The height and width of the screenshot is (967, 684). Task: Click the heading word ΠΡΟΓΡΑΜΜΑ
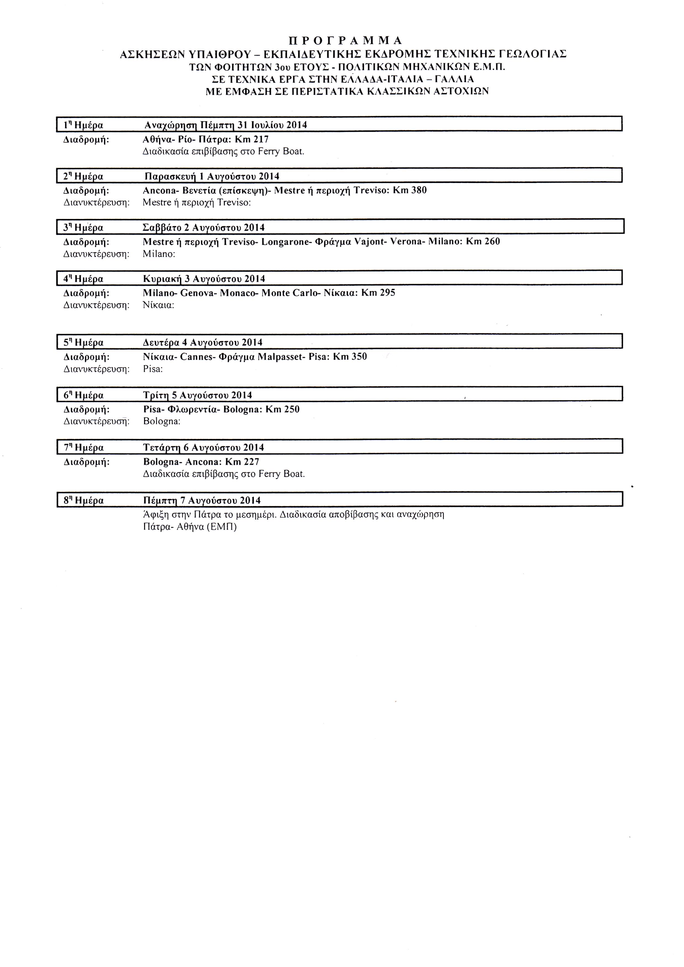(x=345, y=40)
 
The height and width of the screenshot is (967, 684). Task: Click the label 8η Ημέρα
(x=83, y=501)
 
